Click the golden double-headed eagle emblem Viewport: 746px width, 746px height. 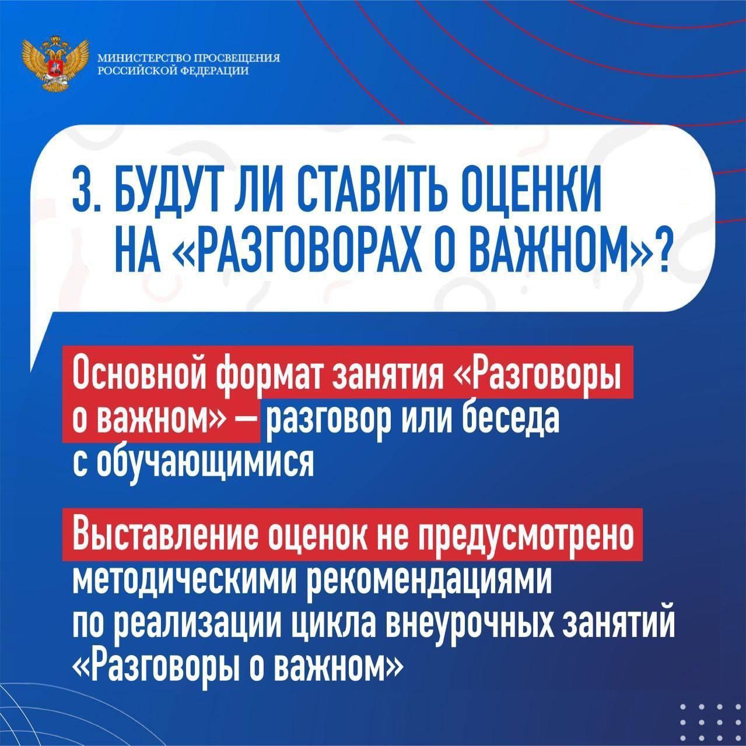[x=55, y=64]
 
